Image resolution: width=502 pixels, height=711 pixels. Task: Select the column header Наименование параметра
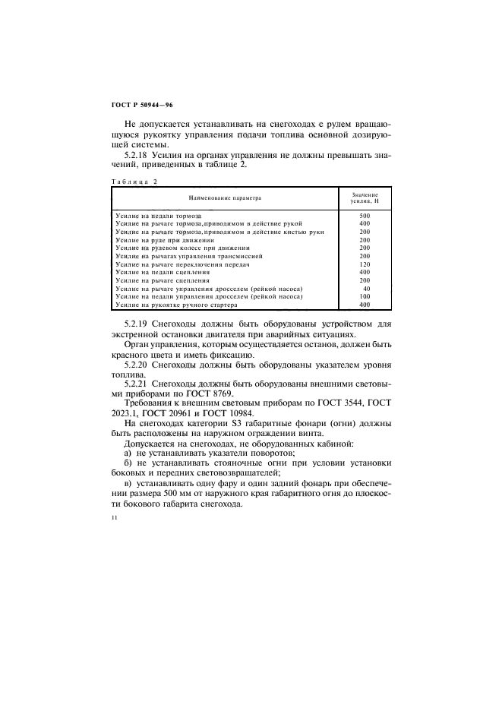tap(225, 197)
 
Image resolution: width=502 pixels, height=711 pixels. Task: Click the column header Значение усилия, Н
tap(365, 197)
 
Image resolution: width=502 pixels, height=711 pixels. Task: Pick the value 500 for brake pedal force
tap(365, 216)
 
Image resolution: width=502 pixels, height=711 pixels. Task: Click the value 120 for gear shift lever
tap(365, 263)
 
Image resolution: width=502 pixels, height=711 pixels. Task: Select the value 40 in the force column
tap(366, 289)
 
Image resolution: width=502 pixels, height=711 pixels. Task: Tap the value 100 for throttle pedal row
tap(365, 297)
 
